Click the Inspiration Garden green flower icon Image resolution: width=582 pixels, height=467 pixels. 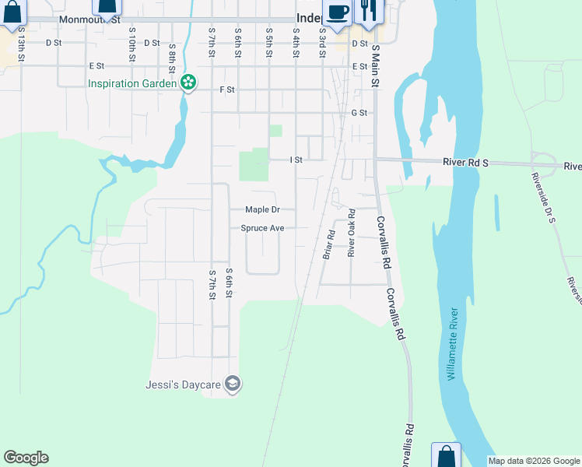pyautogui.click(x=188, y=83)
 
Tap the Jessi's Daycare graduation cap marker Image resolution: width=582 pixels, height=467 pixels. pyautogui.click(x=232, y=384)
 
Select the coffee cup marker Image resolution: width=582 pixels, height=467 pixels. pyautogui.click(x=338, y=13)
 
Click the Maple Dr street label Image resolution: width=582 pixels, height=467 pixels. pyautogui.click(x=262, y=209)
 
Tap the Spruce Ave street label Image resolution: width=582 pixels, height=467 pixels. pyautogui.click(x=262, y=228)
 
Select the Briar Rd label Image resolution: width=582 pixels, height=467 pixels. pyautogui.click(x=328, y=244)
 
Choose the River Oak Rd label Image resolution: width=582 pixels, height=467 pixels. pyautogui.click(x=351, y=232)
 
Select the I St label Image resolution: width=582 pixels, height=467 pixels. pyautogui.click(x=296, y=160)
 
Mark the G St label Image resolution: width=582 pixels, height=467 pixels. pyautogui.click(x=359, y=113)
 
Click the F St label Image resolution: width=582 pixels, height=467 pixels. pyautogui.click(x=227, y=90)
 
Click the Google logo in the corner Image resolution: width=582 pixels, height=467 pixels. pyautogui.click(x=26, y=458)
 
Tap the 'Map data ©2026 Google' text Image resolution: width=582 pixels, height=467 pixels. pyautogui.click(x=534, y=461)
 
